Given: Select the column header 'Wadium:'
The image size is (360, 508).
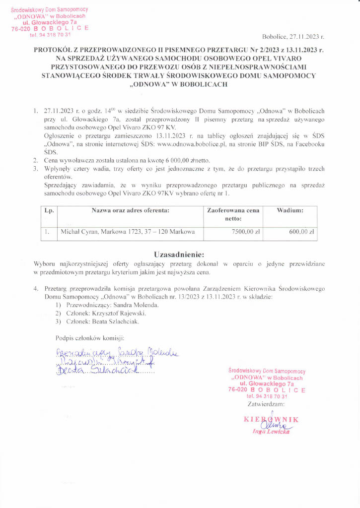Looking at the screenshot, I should pos(290,210).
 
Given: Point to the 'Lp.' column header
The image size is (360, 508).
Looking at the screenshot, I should pos(49,210).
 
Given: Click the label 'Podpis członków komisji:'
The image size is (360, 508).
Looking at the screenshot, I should pos(89,338).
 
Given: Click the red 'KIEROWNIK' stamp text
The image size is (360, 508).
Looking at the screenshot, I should pos(271,420).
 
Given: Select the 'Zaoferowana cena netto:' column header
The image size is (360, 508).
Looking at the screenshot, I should pos(233,214).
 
